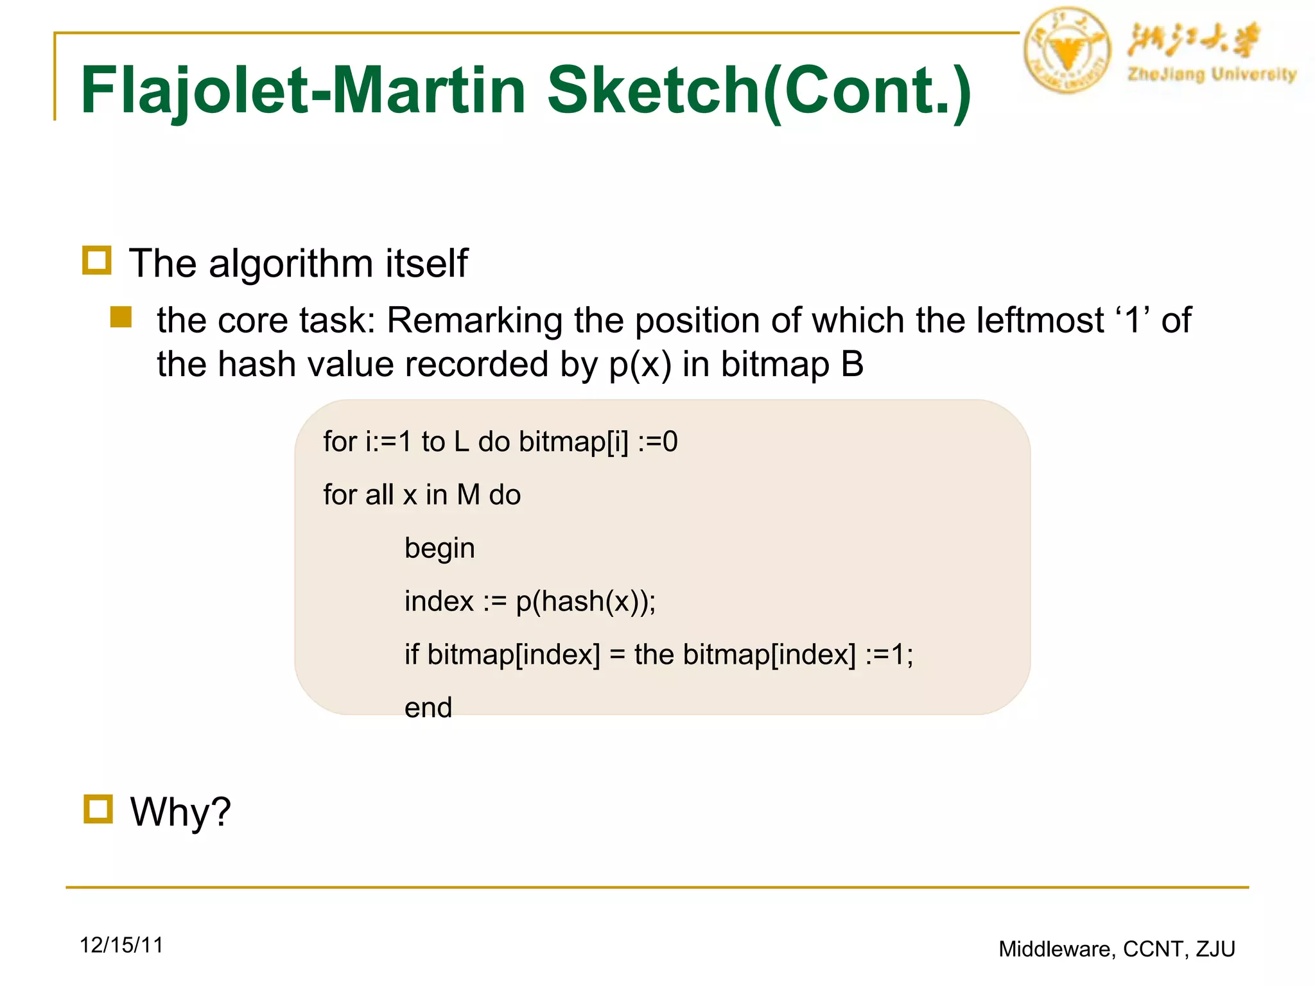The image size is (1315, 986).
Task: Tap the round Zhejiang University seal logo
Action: [x=1067, y=50]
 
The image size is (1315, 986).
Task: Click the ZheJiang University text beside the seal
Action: [x=1212, y=74]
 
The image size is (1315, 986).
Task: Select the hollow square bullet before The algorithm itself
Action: [x=97, y=261]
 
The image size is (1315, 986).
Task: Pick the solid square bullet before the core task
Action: [x=121, y=317]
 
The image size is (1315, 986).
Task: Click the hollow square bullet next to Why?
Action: [x=98, y=809]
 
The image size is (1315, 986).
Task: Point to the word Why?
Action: [x=180, y=812]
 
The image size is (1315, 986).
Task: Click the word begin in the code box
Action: [x=440, y=548]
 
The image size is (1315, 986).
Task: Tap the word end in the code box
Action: [x=428, y=707]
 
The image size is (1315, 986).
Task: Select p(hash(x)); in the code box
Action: [x=586, y=601]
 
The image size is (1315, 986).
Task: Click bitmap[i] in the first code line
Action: [x=573, y=442]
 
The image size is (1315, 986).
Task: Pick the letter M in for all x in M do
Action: [x=468, y=495]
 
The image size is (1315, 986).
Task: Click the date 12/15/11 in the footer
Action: [x=121, y=945]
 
